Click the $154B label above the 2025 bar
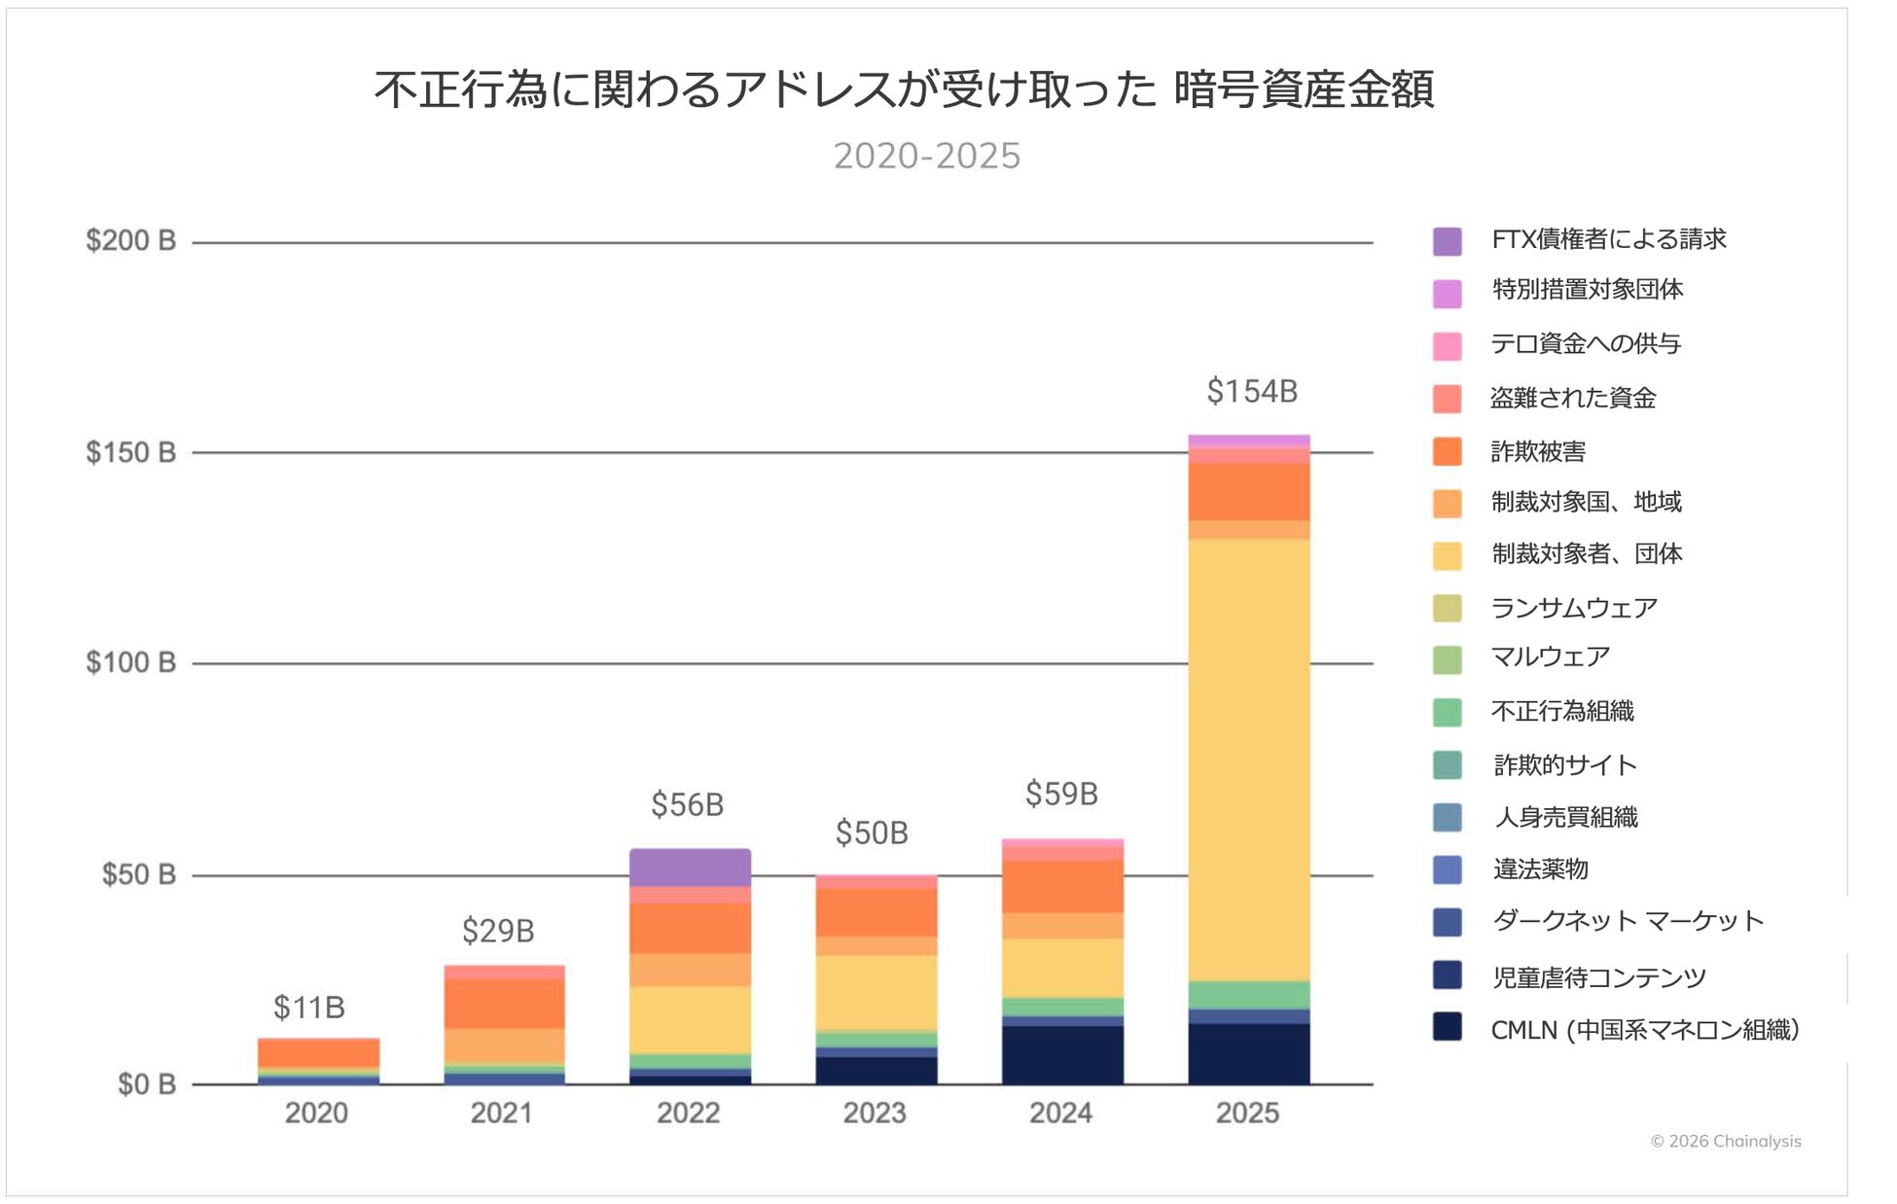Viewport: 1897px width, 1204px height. click(x=1251, y=391)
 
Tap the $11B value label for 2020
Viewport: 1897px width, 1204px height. click(x=308, y=1007)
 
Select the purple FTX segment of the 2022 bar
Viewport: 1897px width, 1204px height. click(x=690, y=867)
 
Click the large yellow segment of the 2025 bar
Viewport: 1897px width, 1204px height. click(x=1249, y=759)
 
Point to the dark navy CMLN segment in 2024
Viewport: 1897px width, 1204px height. click(x=1062, y=1055)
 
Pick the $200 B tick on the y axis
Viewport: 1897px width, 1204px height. click(x=130, y=240)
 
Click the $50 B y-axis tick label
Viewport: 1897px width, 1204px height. click(x=138, y=874)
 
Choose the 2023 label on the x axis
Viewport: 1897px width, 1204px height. click(x=874, y=1113)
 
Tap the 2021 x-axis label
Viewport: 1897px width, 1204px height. click(x=501, y=1113)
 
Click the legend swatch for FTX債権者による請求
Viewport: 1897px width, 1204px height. click(x=1447, y=240)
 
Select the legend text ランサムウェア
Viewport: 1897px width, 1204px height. click(x=1573, y=608)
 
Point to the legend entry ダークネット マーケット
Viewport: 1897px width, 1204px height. click(x=1628, y=921)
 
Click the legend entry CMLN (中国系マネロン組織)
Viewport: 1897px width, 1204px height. click(x=1644, y=1029)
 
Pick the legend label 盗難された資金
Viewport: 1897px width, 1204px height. click(x=1572, y=398)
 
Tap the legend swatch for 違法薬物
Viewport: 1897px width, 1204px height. click(x=1447, y=869)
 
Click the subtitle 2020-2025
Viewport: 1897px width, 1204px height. click(x=926, y=156)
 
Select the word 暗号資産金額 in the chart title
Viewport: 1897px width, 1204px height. click(x=1304, y=89)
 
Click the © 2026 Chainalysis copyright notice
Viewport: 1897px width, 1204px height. click(x=1725, y=1141)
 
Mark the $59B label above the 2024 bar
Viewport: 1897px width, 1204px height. click(x=1061, y=794)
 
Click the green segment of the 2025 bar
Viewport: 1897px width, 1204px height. click(x=1249, y=995)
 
